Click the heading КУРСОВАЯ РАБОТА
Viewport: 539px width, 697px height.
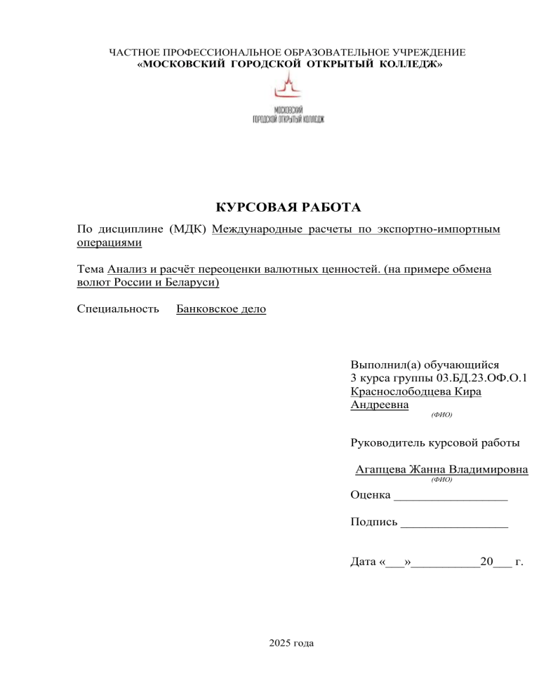(288, 208)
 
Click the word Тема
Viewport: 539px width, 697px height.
(90, 270)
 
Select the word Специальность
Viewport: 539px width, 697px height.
(117, 309)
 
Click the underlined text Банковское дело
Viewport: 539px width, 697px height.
(221, 309)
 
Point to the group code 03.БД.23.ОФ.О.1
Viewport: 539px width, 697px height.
(475, 379)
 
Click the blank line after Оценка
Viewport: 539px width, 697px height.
(451, 497)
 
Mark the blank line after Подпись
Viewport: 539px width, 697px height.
(455, 523)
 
